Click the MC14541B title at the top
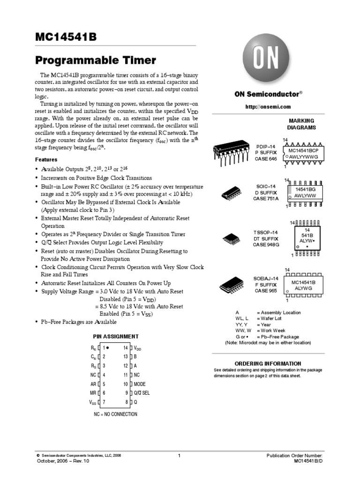[66, 37]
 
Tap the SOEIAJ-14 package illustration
[232, 284]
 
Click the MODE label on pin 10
[140, 384]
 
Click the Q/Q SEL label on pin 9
[142, 393]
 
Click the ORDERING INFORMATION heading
[268, 363]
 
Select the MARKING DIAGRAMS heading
[301, 124]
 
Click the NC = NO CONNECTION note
[115, 414]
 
